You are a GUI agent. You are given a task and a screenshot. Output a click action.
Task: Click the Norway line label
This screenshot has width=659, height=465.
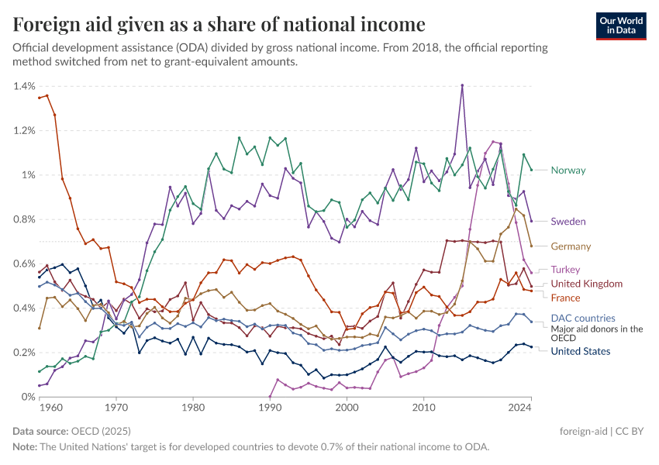pos(568,170)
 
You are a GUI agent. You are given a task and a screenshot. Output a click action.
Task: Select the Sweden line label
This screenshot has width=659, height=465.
pos(568,222)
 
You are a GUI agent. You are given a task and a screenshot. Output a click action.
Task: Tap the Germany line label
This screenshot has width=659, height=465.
pos(571,246)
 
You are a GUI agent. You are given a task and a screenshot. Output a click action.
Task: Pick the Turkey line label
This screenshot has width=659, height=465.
pos(567,270)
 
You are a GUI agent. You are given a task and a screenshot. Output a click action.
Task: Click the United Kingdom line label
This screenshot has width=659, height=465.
pos(586,284)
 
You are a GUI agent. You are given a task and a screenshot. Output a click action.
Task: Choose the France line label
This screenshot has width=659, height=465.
pos(565,298)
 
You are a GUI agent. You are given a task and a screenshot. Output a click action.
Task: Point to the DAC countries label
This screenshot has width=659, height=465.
pos(582,318)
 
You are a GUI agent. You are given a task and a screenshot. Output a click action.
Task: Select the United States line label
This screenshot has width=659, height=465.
pos(580,352)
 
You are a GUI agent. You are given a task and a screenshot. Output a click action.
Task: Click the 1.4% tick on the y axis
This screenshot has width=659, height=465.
pos(24,86)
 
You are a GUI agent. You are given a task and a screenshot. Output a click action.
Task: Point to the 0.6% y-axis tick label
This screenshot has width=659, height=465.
pos(24,263)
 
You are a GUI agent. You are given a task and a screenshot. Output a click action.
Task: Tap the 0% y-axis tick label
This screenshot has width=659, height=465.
pos(27,397)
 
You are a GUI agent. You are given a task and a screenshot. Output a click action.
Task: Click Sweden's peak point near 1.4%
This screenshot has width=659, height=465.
pos(462,85)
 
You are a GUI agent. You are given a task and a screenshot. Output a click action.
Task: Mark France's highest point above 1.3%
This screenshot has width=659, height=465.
pos(47,95)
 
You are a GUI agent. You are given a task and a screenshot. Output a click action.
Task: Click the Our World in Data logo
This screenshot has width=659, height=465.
pos(620,26)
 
